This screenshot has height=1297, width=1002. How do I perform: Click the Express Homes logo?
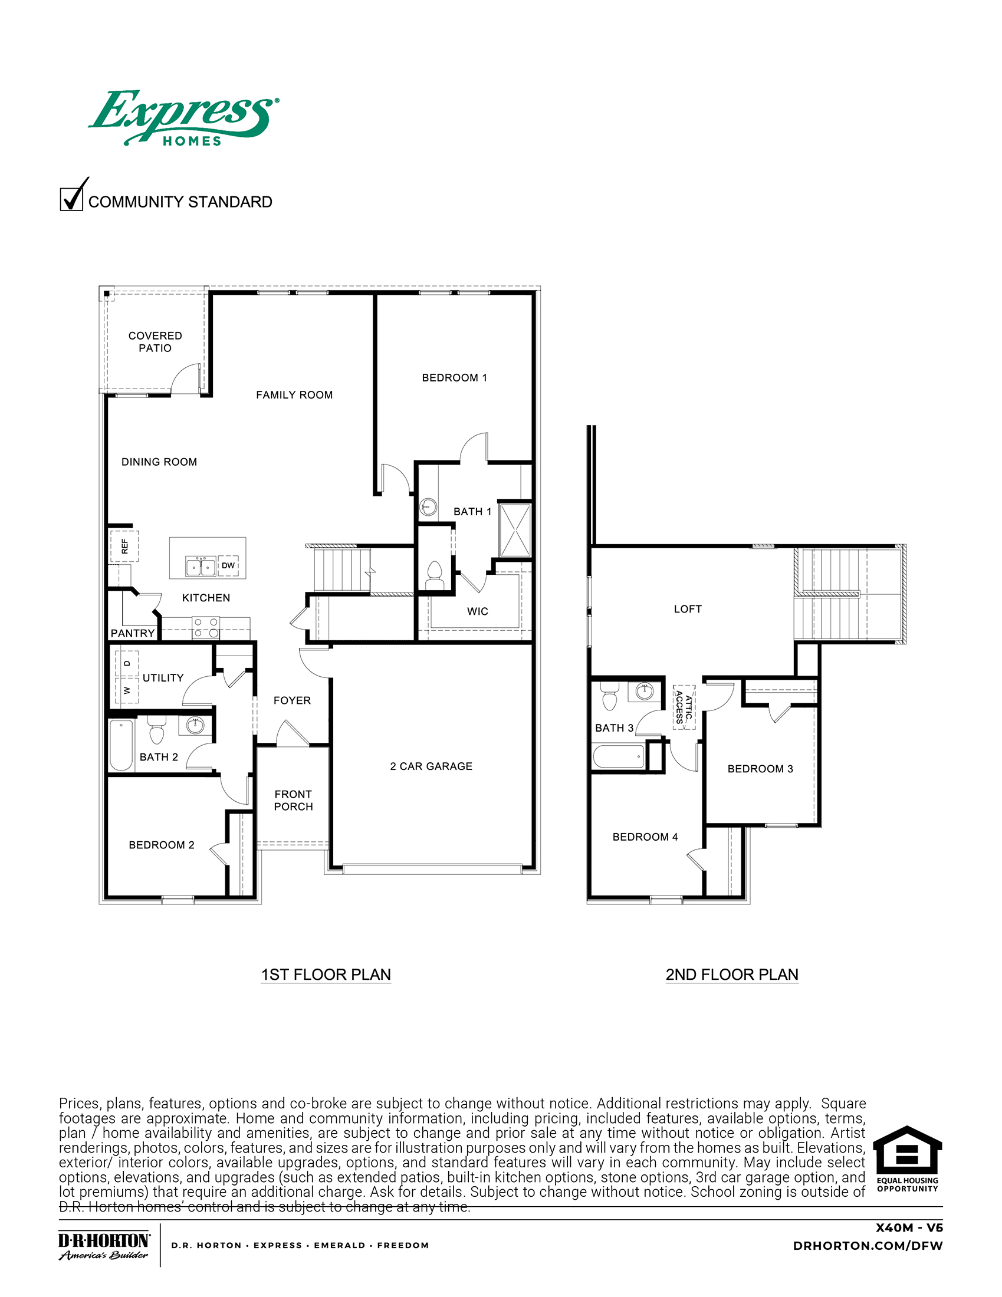click(183, 118)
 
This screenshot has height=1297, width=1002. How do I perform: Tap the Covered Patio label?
click(155, 341)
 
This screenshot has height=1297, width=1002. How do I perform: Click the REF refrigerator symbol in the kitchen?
click(124, 546)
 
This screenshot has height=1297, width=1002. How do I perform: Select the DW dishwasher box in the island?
click(228, 565)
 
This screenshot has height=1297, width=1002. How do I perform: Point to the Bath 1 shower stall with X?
click(514, 531)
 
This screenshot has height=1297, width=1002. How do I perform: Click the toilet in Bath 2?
click(156, 731)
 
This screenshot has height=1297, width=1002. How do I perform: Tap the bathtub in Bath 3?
click(618, 756)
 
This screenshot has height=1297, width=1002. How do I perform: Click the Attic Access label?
click(684, 707)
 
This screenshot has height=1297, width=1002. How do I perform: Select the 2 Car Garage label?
click(431, 766)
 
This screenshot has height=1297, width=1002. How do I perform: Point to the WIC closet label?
click(478, 611)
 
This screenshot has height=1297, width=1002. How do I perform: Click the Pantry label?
click(133, 633)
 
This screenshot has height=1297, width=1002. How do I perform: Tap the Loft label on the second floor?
click(687, 609)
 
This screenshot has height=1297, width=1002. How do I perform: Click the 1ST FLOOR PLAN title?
click(326, 975)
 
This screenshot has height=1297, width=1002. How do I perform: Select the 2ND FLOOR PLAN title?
click(732, 975)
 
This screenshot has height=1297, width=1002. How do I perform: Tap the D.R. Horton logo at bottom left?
click(104, 1245)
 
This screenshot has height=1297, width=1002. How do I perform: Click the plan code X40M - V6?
click(909, 1227)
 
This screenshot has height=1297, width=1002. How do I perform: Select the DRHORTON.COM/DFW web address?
click(868, 1245)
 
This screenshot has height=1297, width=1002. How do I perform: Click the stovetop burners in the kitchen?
click(205, 628)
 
